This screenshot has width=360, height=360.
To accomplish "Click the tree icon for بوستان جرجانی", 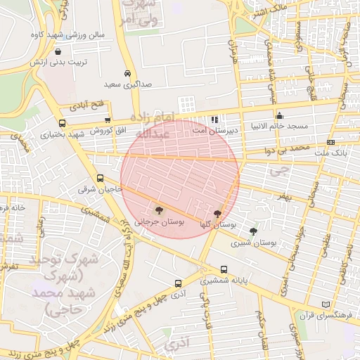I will [158, 210].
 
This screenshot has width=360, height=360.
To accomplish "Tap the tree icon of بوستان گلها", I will [217, 213].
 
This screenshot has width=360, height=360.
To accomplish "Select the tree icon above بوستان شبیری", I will [253, 231].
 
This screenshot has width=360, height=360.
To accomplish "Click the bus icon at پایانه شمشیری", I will [224, 269].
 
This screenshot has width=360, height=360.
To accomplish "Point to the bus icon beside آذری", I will [178, 285].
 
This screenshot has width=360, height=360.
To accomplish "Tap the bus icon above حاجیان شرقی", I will [100, 179].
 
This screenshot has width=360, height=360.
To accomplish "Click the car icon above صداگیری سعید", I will [127, 73].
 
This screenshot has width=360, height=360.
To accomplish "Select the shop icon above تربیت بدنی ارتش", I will [58, 51].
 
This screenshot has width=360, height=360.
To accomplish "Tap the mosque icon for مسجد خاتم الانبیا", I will [279, 116].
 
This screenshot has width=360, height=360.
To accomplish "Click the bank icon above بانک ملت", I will [331, 142].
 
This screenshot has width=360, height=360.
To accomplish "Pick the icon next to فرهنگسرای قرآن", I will [325, 304].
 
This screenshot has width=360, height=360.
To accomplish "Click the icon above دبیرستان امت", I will [214, 120].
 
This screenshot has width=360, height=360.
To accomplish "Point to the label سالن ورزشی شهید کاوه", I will [67, 34].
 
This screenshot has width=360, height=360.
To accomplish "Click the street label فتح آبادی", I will [87, 106].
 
